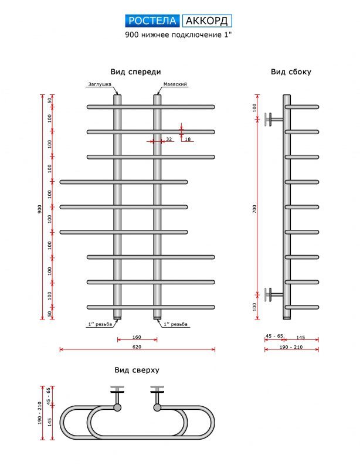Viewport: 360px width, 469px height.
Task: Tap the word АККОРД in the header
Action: tap(207, 21)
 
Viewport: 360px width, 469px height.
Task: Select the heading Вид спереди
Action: tap(135, 72)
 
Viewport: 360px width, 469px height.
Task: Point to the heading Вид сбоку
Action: tap(291, 72)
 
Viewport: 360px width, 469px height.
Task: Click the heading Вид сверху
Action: tap(137, 370)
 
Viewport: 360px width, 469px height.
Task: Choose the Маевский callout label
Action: tap(175, 84)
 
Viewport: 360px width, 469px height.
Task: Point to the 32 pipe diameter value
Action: tap(169, 140)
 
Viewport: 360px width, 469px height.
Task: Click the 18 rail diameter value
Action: tap(188, 140)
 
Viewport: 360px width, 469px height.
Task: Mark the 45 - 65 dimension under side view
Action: tap(274, 336)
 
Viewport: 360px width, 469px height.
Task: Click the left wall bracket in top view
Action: tap(117, 391)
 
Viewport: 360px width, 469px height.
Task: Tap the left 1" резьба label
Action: tap(99, 324)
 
